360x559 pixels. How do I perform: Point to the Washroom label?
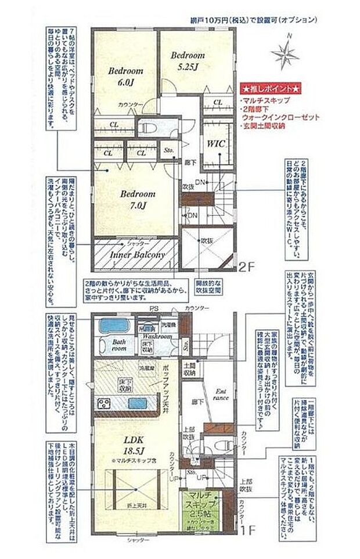click(x=157, y=337)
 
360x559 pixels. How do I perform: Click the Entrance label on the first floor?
click(x=221, y=394)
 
